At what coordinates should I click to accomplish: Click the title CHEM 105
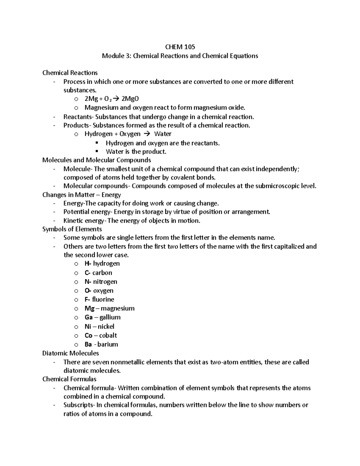pyautogui.click(x=180, y=47)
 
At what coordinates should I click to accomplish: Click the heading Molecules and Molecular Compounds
pyautogui.click(x=97, y=160)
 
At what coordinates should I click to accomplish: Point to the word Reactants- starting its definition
pyautogui.click(x=78, y=117)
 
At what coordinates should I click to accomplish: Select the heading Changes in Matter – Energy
pyautogui.click(x=82, y=195)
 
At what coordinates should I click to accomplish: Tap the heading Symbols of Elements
pyautogui.click(x=72, y=229)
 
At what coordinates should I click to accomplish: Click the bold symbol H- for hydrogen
pyautogui.click(x=88, y=263)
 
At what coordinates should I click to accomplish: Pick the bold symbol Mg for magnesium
pyautogui.click(x=89, y=308)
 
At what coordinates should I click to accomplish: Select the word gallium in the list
pyautogui.click(x=110, y=317)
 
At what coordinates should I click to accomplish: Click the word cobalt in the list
pyautogui.click(x=108, y=335)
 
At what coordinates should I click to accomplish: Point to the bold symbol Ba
pyautogui.click(x=88, y=344)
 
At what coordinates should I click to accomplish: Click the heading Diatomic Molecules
pyautogui.click(x=70, y=353)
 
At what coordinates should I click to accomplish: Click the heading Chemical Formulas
pyautogui.click(x=69, y=379)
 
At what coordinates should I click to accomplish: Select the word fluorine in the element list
pyautogui.click(x=103, y=299)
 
